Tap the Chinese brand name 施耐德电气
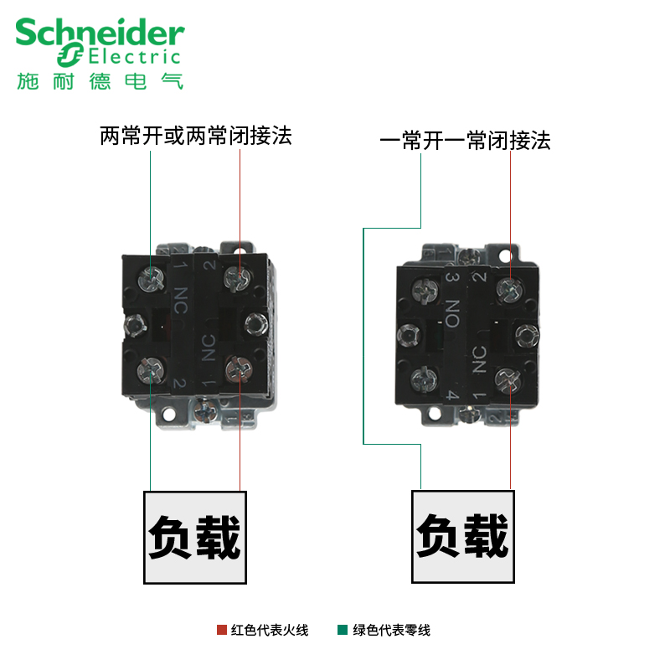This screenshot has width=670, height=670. pyautogui.click(x=100, y=80)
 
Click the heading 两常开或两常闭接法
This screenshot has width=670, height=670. pyautogui.click(x=196, y=136)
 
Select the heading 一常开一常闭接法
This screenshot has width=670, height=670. pyautogui.click(x=466, y=141)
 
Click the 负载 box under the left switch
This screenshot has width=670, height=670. pyautogui.click(x=196, y=537)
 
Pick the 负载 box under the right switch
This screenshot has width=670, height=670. pyautogui.click(x=461, y=536)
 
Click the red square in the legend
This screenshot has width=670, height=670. pyautogui.click(x=222, y=630)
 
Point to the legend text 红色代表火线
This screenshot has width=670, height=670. pyautogui.click(x=270, y=630)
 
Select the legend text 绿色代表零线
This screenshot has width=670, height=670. pyautogui.click(x=391, y=630)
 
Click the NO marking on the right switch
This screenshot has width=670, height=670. pyautogui.click(x=452, y=314)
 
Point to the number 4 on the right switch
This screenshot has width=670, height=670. pyautogui.click(x=451, y=394)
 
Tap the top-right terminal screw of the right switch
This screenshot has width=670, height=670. pyautogui.click(x=508, y=289)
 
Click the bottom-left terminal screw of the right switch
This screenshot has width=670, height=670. pyautogui.click(x=420, y=374)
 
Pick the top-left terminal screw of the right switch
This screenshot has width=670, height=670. pyautogui.click(x=421, y=290)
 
